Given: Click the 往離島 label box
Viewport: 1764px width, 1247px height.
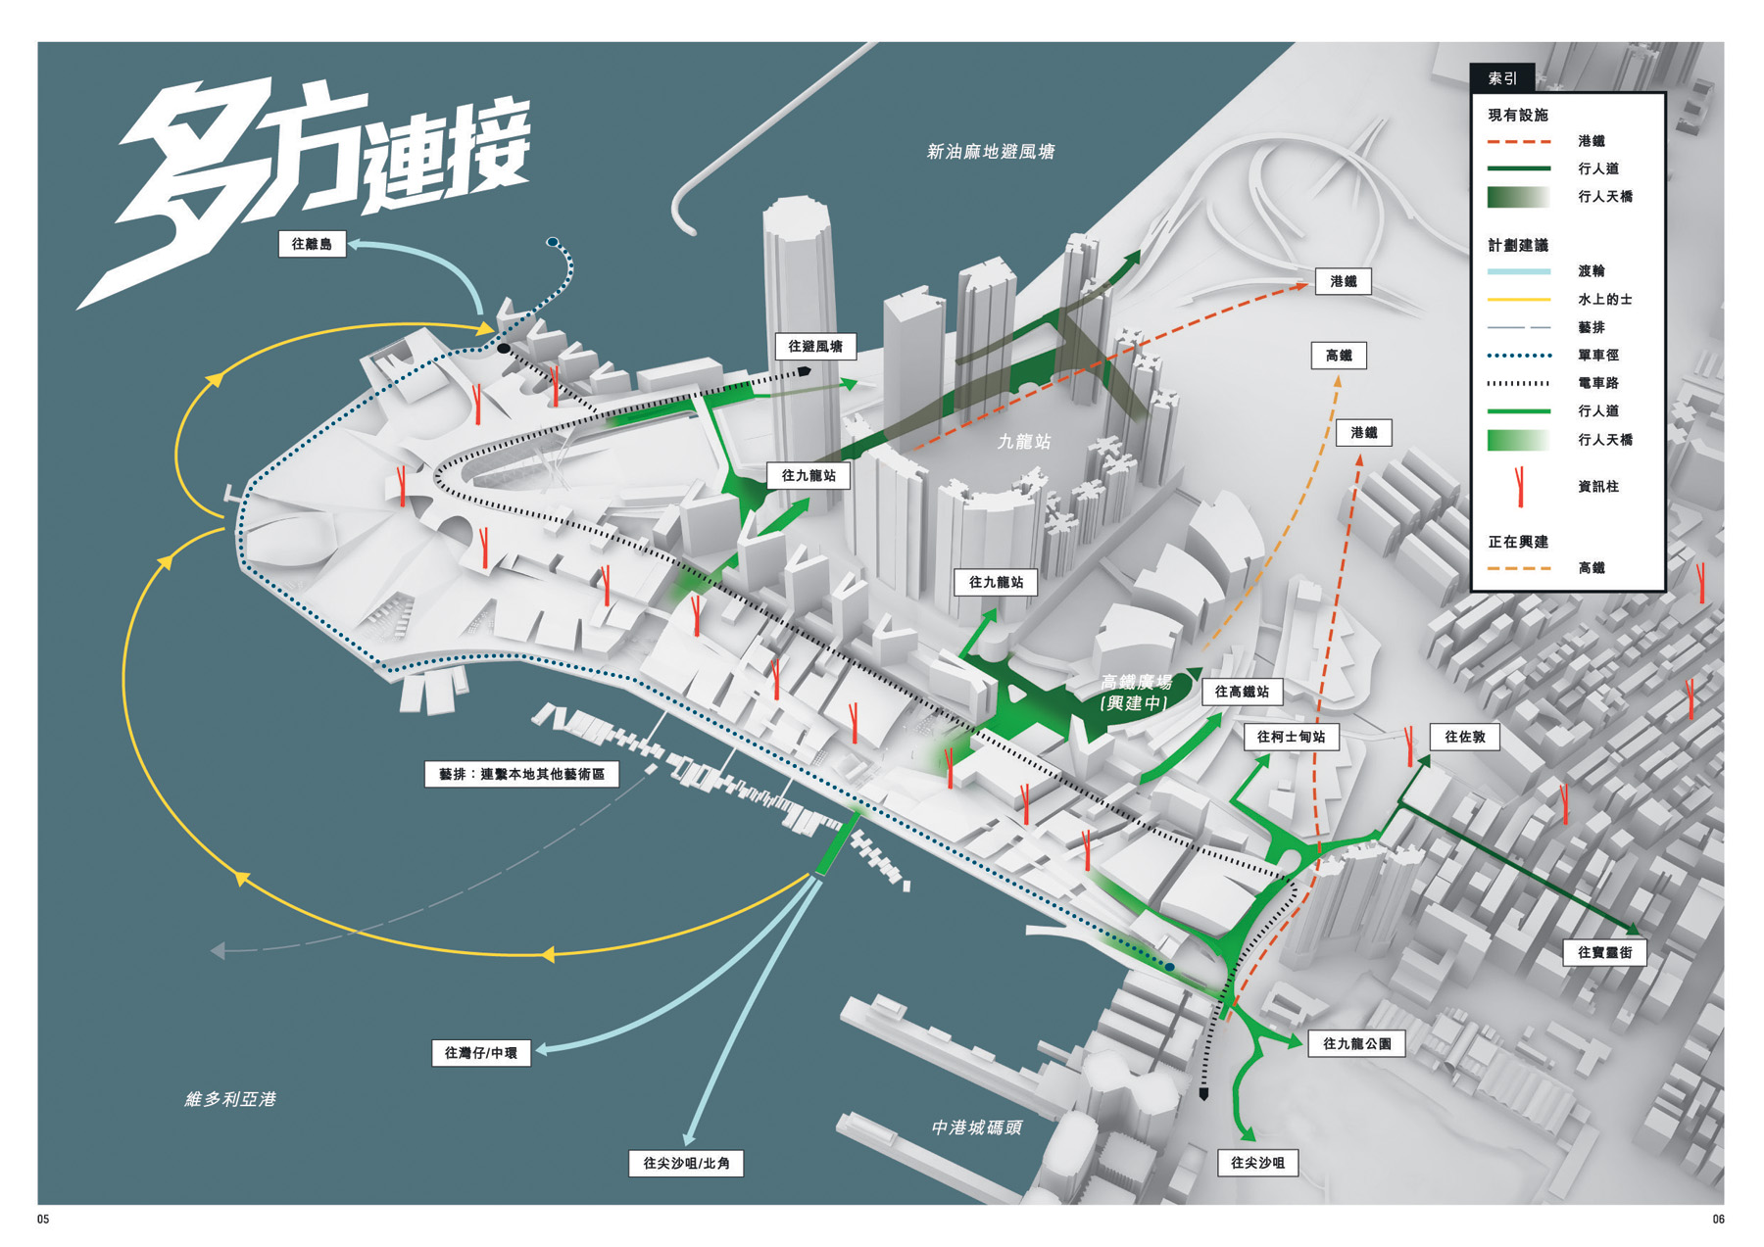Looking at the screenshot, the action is coord(312,244).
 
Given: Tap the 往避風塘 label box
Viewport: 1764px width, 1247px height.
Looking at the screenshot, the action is coord(815,346).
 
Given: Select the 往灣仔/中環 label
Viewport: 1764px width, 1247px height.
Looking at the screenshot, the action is coord(481,1053).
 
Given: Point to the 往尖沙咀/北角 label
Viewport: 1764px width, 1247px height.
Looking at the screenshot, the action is coord(686,1163).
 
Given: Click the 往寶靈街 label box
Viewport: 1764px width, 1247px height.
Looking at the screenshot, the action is coord(1604,952).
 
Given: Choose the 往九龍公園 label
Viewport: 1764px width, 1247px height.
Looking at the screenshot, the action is coord(1356,1043).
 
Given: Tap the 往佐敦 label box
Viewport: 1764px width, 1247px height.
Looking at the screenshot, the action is coord(1465,737).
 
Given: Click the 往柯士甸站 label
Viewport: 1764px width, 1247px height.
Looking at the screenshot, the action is coord(1291,737).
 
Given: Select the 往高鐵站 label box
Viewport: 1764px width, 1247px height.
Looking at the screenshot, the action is coord(1242,692).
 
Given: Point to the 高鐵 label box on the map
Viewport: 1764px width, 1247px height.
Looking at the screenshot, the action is coord(1339,356).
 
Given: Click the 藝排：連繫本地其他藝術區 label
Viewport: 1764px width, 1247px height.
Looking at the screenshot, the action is coord(521,774).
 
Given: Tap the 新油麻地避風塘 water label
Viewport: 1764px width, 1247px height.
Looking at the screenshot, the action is coord(991,152).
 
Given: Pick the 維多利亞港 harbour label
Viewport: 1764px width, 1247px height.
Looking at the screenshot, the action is coord(230,1099).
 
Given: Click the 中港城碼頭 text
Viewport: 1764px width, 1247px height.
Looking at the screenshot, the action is coord(976,1127).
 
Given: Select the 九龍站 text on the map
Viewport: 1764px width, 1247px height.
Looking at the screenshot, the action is coord(1024,442).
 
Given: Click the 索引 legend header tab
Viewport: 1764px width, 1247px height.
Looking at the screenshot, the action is coord(1502,78).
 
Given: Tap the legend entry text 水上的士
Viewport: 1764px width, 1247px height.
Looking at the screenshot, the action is coord(1605,299).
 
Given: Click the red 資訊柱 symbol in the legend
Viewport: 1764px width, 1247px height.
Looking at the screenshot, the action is coord(1519,486).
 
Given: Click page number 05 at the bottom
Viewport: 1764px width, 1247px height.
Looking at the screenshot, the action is coord(43,1220).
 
